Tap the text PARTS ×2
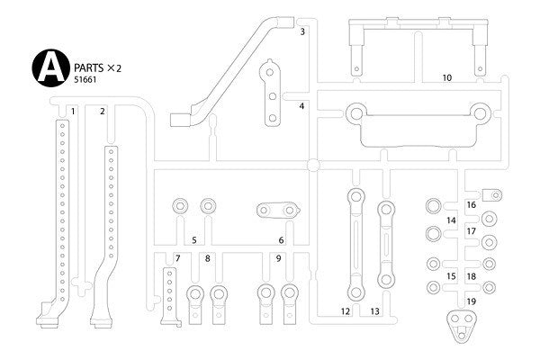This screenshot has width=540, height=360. (94, 66)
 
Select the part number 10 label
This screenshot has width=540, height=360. (446, 78)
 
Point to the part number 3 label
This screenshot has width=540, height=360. (303, 31)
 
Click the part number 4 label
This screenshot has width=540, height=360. (302, 106)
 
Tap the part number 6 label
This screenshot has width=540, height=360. (281, 240)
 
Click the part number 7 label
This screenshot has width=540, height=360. (177, 258)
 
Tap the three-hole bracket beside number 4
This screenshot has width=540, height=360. (270, 94)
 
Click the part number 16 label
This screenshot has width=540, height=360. (472, 204)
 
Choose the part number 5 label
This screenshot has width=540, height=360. (193, 240)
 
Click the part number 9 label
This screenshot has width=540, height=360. (278, 258)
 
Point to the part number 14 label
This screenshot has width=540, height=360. (451, 220)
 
